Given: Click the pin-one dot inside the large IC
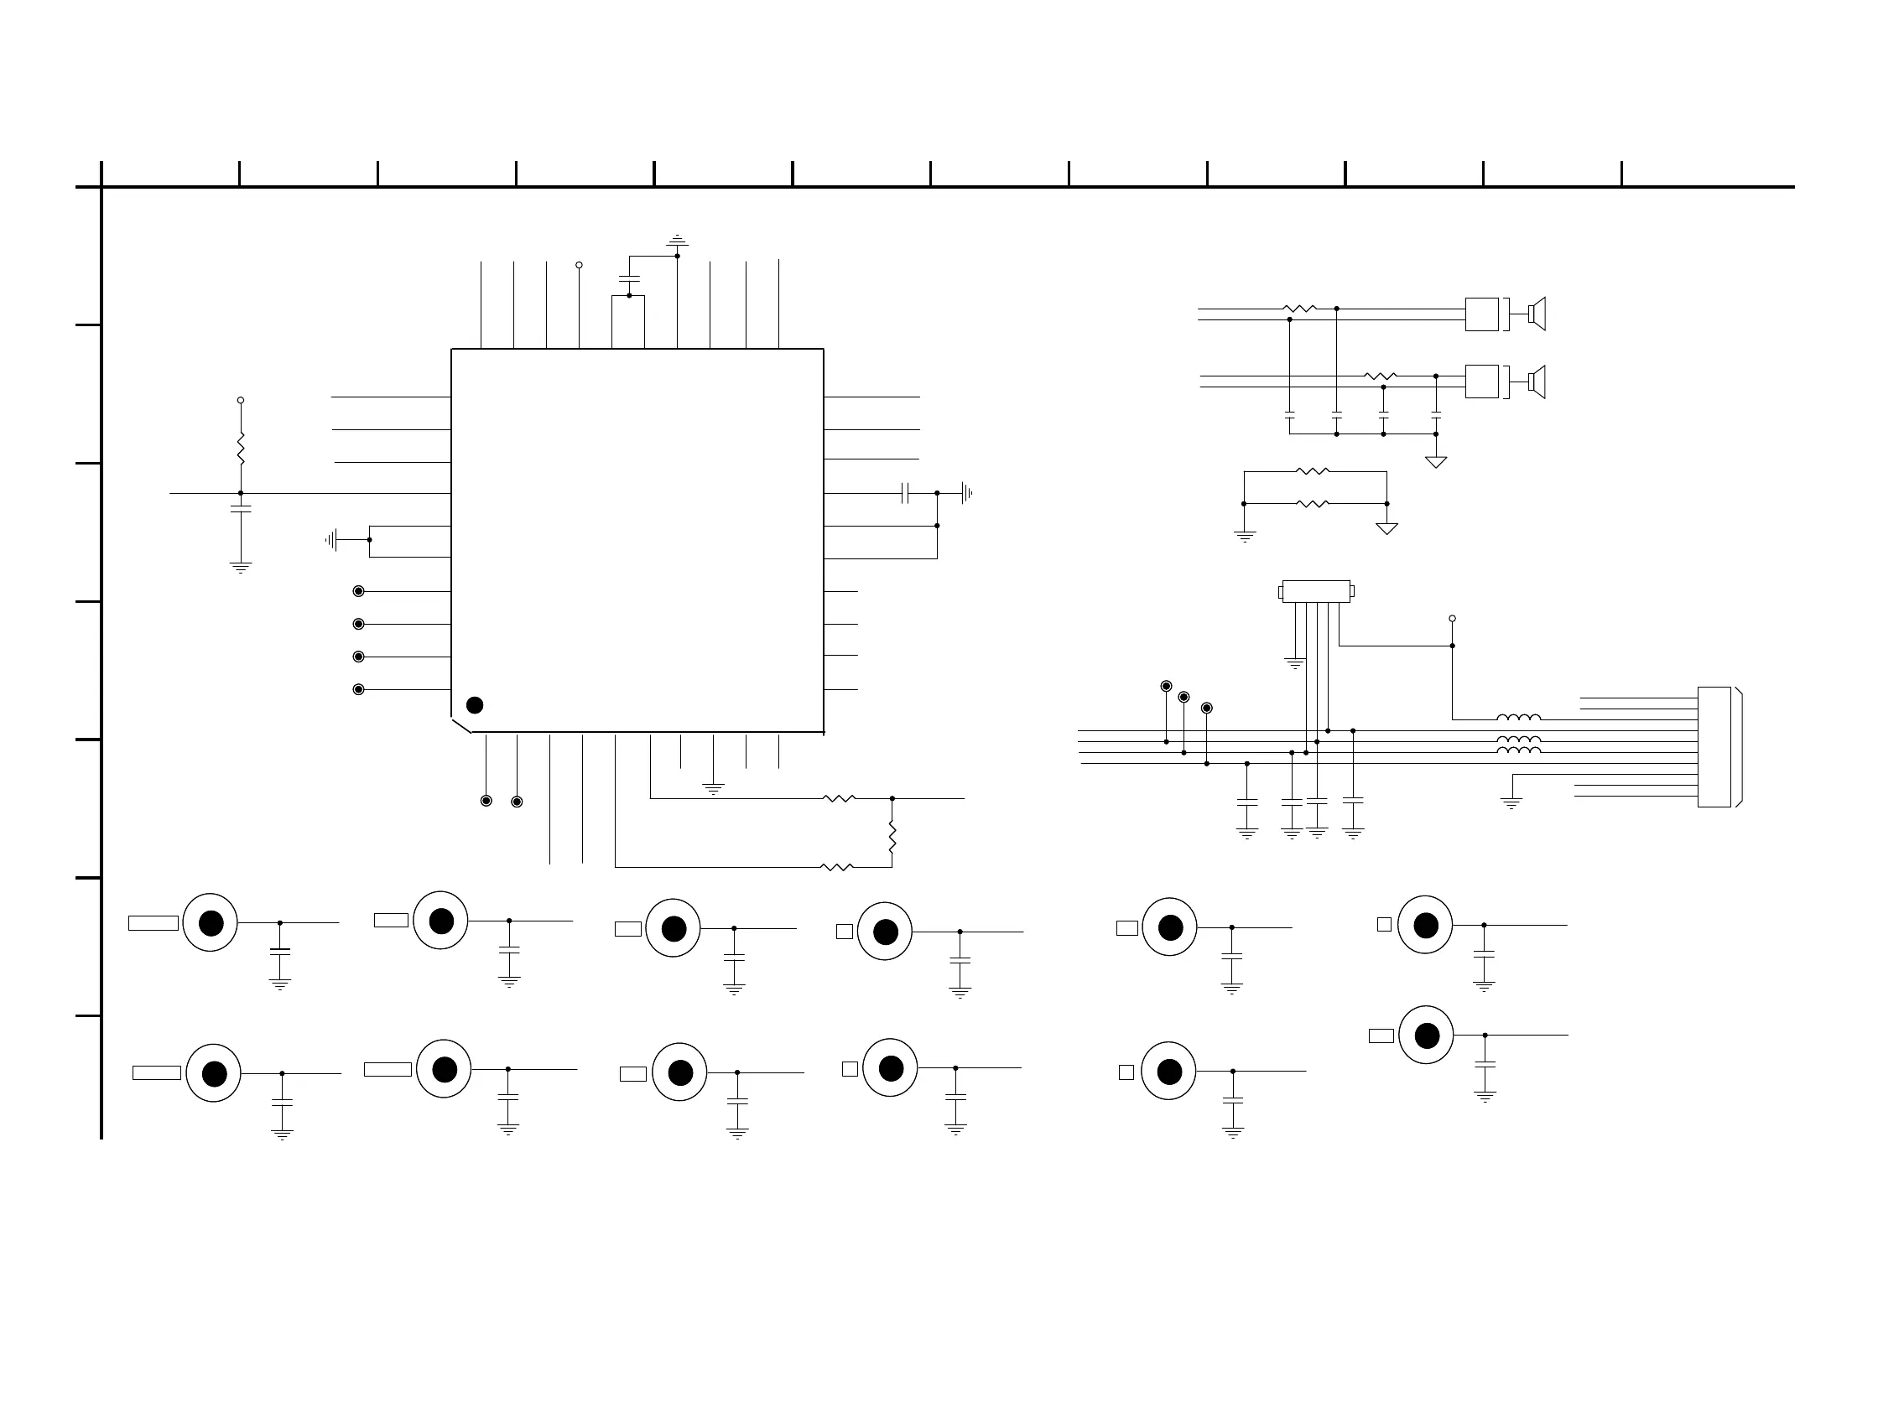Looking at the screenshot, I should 475,705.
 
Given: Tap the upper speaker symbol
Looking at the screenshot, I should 1537,314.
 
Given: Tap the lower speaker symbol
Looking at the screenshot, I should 1537,382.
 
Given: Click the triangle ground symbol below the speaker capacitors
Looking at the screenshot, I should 1436,462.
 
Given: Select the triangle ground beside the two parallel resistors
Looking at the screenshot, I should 1386,527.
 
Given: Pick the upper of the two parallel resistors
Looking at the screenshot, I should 1313,472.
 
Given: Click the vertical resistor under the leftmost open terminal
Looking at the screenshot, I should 240,448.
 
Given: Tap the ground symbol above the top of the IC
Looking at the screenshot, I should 677,240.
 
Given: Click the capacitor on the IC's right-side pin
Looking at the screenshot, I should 905,493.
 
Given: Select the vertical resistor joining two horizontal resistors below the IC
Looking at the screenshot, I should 892,836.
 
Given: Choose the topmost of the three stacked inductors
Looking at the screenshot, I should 1518,719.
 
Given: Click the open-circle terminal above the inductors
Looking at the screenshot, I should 1452,619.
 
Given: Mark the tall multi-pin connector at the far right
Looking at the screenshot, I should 1714,747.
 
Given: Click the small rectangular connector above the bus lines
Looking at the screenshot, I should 1316,591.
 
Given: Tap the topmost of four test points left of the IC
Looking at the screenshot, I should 358,591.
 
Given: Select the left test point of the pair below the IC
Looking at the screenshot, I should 486,801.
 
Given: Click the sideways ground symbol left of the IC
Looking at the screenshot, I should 332,540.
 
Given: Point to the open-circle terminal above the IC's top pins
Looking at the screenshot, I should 579,266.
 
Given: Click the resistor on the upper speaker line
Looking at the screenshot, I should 1300,309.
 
